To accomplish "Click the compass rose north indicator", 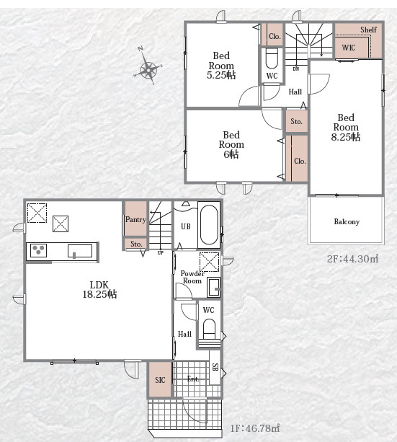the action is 140,49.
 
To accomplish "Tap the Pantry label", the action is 135,219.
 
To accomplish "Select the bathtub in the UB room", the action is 209,224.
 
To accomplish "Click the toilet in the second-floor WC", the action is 272,59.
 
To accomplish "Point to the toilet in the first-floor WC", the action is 209,330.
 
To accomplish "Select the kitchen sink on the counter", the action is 80,251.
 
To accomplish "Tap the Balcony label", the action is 347,222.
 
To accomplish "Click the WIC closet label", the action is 349,48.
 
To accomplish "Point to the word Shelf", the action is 368,30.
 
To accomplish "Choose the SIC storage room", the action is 160,379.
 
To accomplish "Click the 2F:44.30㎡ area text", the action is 352,259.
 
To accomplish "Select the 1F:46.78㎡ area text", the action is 255,428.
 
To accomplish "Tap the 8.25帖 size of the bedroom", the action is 345,137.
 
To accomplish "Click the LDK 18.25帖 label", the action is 99,289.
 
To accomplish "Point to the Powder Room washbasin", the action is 213,287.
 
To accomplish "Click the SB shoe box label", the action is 215,367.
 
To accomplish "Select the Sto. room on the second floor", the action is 296,121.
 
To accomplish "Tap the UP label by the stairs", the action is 161,253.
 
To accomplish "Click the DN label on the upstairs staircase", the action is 296,68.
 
